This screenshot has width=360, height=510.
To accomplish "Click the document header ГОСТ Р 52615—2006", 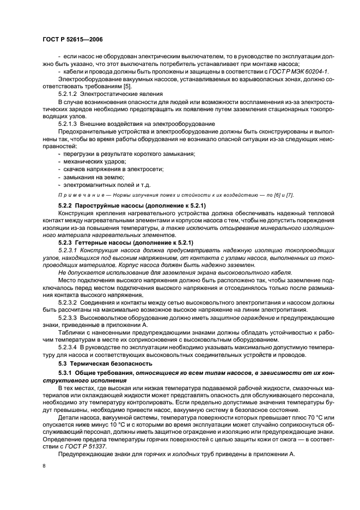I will (x=72, y=39).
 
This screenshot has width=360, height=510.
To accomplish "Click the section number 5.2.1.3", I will (x=68, y=124).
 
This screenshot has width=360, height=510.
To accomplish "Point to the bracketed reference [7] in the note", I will (x=290, y=195).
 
